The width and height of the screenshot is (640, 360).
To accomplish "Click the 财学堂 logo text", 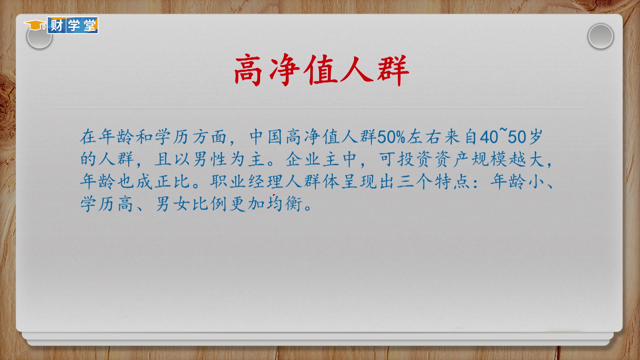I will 73,25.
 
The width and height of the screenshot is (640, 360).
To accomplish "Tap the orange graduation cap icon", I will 35,25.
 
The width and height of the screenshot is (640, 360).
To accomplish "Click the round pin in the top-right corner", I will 600,36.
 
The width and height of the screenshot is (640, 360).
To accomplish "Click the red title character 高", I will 247,70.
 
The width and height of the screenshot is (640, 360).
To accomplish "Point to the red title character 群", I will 393,70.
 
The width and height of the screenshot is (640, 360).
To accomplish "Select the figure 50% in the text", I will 391,137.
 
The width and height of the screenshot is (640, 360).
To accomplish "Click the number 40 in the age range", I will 489,137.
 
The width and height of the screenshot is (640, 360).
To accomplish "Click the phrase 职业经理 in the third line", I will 247,182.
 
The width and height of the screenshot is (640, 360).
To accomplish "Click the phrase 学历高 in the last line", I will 107,204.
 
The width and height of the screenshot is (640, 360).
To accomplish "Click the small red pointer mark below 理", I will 275,193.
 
